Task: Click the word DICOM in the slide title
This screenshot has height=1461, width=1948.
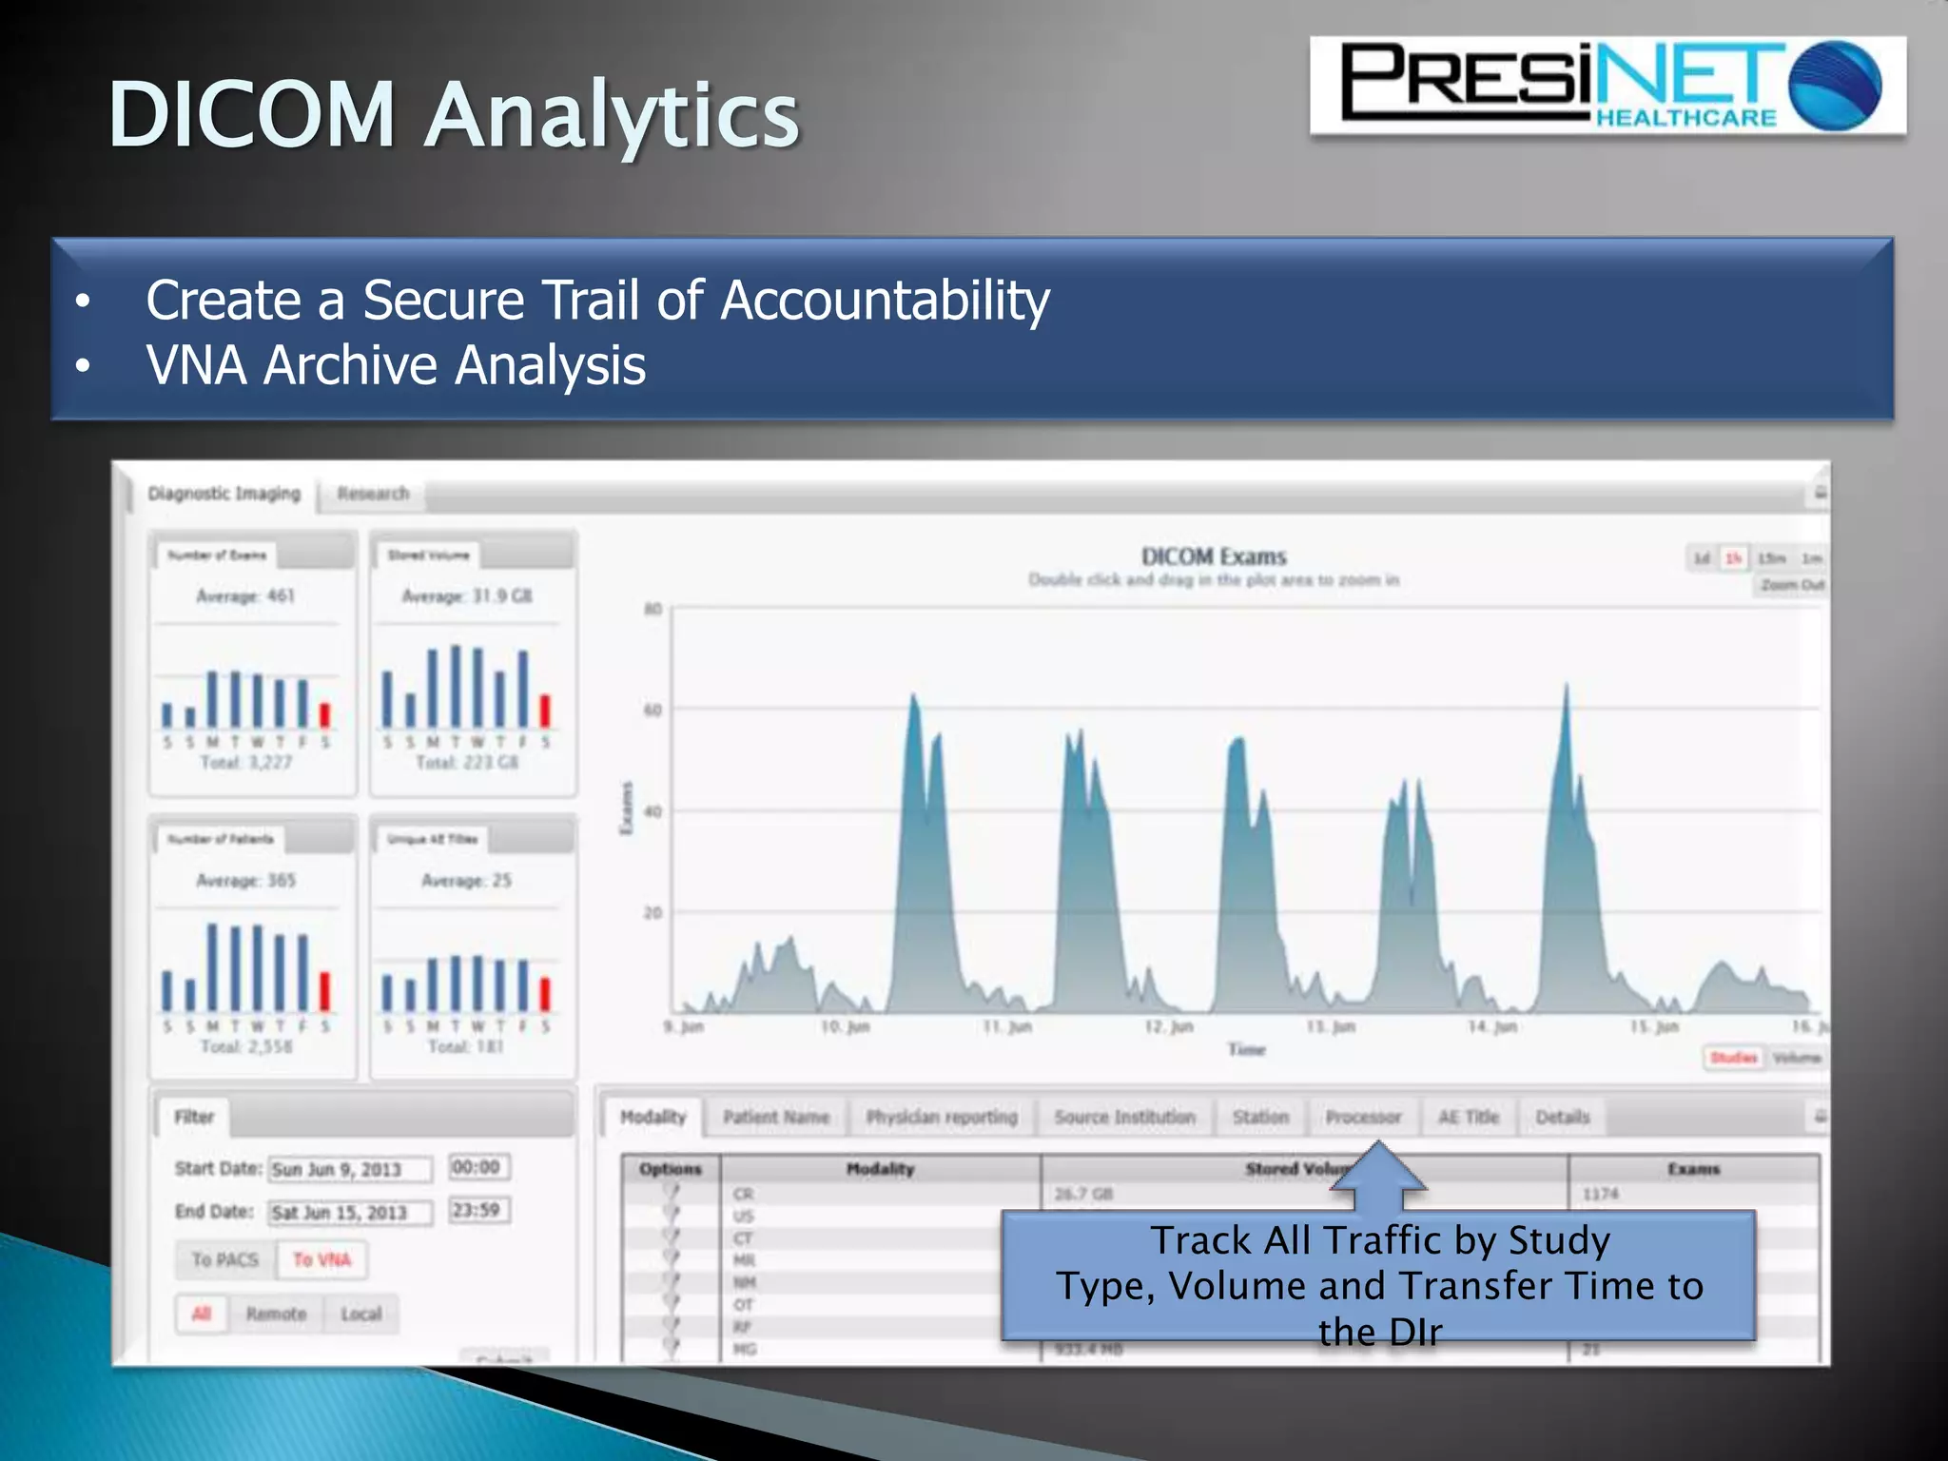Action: pyautogui.click(x=252, y=115)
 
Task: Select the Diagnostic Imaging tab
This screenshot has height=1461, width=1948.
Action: pyautogui.click(x=224, y=494)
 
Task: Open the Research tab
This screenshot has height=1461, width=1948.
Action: pyautogui.click(x=373, y=494)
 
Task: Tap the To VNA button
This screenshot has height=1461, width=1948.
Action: pyautogui.click(x=321, y=1259)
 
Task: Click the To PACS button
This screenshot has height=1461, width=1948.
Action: pyautogui.click(x=225, y=1259)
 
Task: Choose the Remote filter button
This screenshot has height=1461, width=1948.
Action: pyautogui.click(x=276, y=1314)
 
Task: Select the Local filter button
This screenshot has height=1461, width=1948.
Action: pyautogui.click(x=360, y=1314)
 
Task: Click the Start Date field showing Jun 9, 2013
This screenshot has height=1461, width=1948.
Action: pyautogui.click(x=348, y=1169)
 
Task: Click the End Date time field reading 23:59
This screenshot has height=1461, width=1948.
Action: pyautogui.click(x=477, y=1210)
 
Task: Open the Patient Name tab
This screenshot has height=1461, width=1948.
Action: pyautogui.click(x=776, y=1117)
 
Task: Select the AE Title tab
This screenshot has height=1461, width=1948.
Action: pyautogui.click(x=1468, y=1117)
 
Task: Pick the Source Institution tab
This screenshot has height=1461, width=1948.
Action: pyautogui.click(x=1124, y=1117)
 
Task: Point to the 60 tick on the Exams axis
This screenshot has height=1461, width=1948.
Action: pyautogui.click(x=653, y=710)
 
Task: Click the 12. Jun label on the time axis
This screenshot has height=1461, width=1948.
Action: pyautogui.click(x=1169, y=1026)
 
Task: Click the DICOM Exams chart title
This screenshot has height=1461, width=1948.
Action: pyautogui.click(x=1214, y=556)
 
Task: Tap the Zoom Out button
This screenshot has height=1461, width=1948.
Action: pyautogui.click(x=1791, y=584)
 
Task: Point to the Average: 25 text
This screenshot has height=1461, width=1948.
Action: pyautogui.click(x=466, y=881)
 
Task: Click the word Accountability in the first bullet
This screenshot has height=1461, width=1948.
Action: pyautogui.click(x=885, y=301)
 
